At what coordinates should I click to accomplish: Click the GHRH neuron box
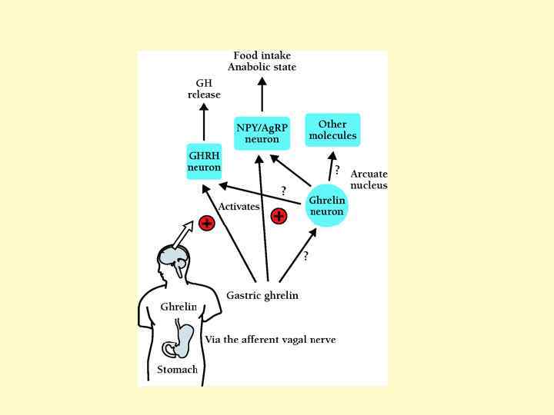204,161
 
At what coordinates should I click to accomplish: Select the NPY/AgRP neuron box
262,133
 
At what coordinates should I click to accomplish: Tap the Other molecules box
332,130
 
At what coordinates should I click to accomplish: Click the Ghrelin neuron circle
326,205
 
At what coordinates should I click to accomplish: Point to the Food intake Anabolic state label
262,61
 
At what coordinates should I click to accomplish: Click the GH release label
204,88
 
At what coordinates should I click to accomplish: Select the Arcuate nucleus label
369,179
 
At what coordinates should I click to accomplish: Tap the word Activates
239,206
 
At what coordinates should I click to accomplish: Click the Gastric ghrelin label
262,295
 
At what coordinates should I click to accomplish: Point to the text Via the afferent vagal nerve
270,339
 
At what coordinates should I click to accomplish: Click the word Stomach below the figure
177,370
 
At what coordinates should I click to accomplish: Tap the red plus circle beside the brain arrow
206,223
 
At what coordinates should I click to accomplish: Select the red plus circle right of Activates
279,215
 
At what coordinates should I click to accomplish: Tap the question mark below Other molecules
337,170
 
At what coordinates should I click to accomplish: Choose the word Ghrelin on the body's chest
179,307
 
